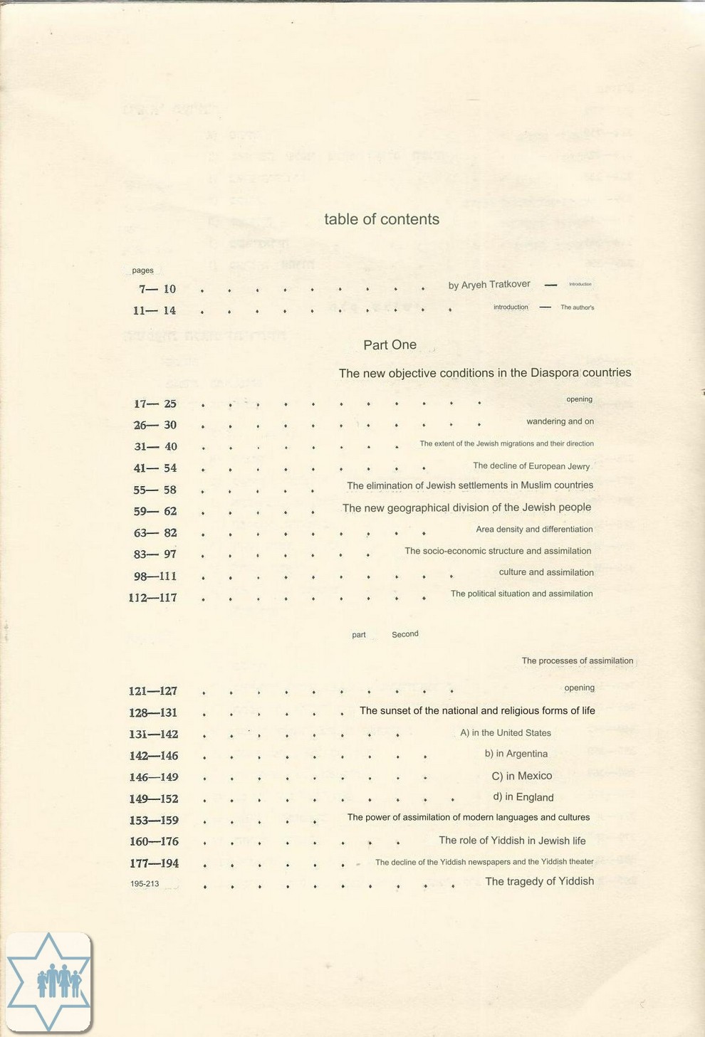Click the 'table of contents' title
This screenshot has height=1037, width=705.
point(382,219)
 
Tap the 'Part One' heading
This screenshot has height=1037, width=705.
point(390,344)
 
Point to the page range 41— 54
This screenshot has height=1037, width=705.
point(155,468)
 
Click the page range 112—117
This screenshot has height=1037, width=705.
point(153,598)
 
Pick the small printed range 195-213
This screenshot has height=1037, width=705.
point(145,884)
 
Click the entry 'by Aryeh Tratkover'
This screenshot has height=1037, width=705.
point(489,285)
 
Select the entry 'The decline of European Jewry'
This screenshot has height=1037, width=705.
point(531,466)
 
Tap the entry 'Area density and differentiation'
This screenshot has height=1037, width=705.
point(534,530)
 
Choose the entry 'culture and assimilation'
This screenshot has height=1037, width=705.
point(546,572)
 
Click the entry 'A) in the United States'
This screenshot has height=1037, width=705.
point(506,733)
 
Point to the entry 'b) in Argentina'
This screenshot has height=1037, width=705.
point(516,754)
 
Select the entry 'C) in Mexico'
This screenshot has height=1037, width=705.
point(522,776)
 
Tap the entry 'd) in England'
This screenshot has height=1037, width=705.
point(523,797)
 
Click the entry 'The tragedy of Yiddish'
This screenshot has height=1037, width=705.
point(539,881)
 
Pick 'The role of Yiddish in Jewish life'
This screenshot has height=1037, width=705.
point(512,841)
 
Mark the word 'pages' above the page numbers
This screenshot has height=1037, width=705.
point(142,270)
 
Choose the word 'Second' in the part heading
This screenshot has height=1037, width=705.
point(405,634)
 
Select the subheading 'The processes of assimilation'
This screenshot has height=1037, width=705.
point(577,661)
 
